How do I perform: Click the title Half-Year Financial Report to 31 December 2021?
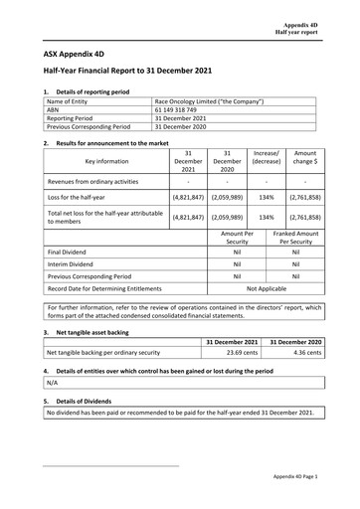(136, 72)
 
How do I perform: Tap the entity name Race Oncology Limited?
(208, 102)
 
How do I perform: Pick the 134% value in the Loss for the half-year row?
(266, 198)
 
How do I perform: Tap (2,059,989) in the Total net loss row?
(228, 216)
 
